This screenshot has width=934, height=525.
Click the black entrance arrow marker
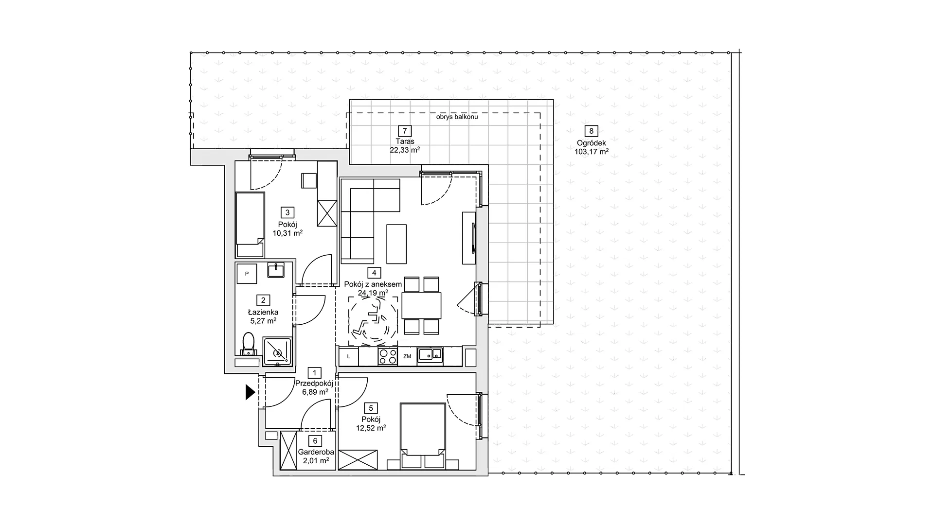(x=250, y=392)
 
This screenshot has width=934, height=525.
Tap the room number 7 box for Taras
(x=405, y=131)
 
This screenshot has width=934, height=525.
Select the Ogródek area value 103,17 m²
(x=591, y=152)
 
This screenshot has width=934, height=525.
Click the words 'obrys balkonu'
(x=457, y=117)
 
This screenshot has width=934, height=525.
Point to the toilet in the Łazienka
(x=249, y=343)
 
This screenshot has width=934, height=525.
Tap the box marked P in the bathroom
(x=247, y=274)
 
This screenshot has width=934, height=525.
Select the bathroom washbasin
(x=276, y=270)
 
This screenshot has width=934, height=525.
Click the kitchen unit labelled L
(x=348, y=357)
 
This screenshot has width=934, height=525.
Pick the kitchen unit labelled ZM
(x=407, y=357)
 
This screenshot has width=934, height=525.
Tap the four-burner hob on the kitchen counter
(x=388, y=356)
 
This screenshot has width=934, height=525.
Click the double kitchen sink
(x=431, y=355)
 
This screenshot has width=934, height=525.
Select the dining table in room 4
(x=421, y=305)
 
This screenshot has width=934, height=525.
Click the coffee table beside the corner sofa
(x=396, y=244)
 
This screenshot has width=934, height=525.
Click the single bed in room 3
(x=250, y=225)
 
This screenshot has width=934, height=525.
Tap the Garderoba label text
(x=316, y=452)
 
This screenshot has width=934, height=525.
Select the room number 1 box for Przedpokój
(x=315, y=373)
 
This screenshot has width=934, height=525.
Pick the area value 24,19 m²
(x=373, y=293)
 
